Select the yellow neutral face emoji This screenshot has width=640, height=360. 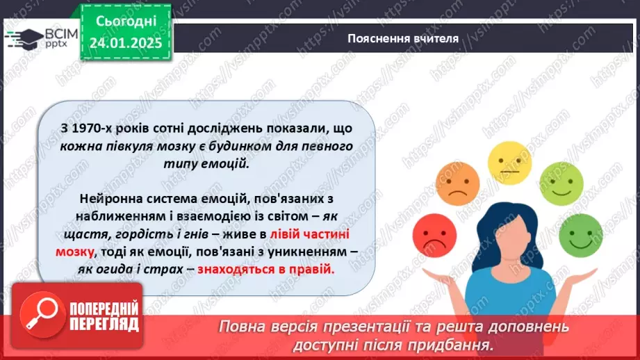coord(509,161)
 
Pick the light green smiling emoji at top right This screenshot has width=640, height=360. coord(561,183)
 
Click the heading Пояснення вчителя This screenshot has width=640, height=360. coord(402,38)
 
